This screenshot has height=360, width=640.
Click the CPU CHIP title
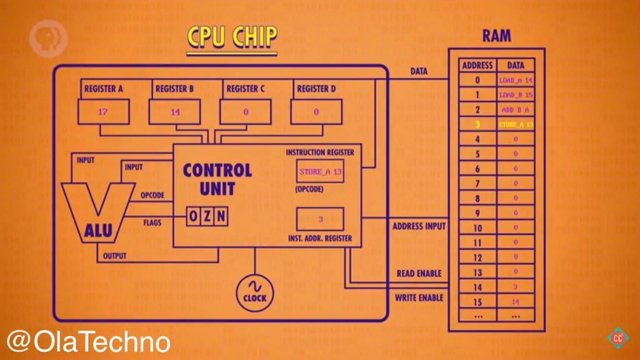[231, 37]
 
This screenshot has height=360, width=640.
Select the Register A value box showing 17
[102, 112]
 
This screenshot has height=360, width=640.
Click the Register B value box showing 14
[174, 112]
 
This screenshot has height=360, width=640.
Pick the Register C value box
[245, 112]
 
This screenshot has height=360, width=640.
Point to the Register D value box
[316, 112]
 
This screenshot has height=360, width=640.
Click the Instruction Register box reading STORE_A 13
[320, 171]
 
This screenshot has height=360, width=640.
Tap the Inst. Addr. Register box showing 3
[320, 219]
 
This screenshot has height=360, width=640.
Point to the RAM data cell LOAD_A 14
[516, 81]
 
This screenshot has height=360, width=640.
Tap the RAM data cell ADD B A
[516, 109]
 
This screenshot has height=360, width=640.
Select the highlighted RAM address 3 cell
[477, 124]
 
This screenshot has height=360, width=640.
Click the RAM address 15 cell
[477, 301]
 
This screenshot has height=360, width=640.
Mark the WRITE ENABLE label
[419, 297]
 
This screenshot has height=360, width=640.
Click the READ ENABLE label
[419, 274]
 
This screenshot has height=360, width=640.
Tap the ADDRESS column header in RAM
[477, 65]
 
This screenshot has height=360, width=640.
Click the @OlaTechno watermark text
[89, 342]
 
